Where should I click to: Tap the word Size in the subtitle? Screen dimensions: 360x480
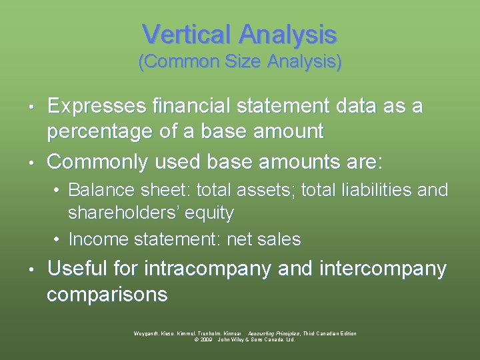click(241, 62)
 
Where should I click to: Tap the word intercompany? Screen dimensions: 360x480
click(383, 269)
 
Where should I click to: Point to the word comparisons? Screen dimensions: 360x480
click(107, 294)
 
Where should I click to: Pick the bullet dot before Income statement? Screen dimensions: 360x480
click(58, 239)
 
